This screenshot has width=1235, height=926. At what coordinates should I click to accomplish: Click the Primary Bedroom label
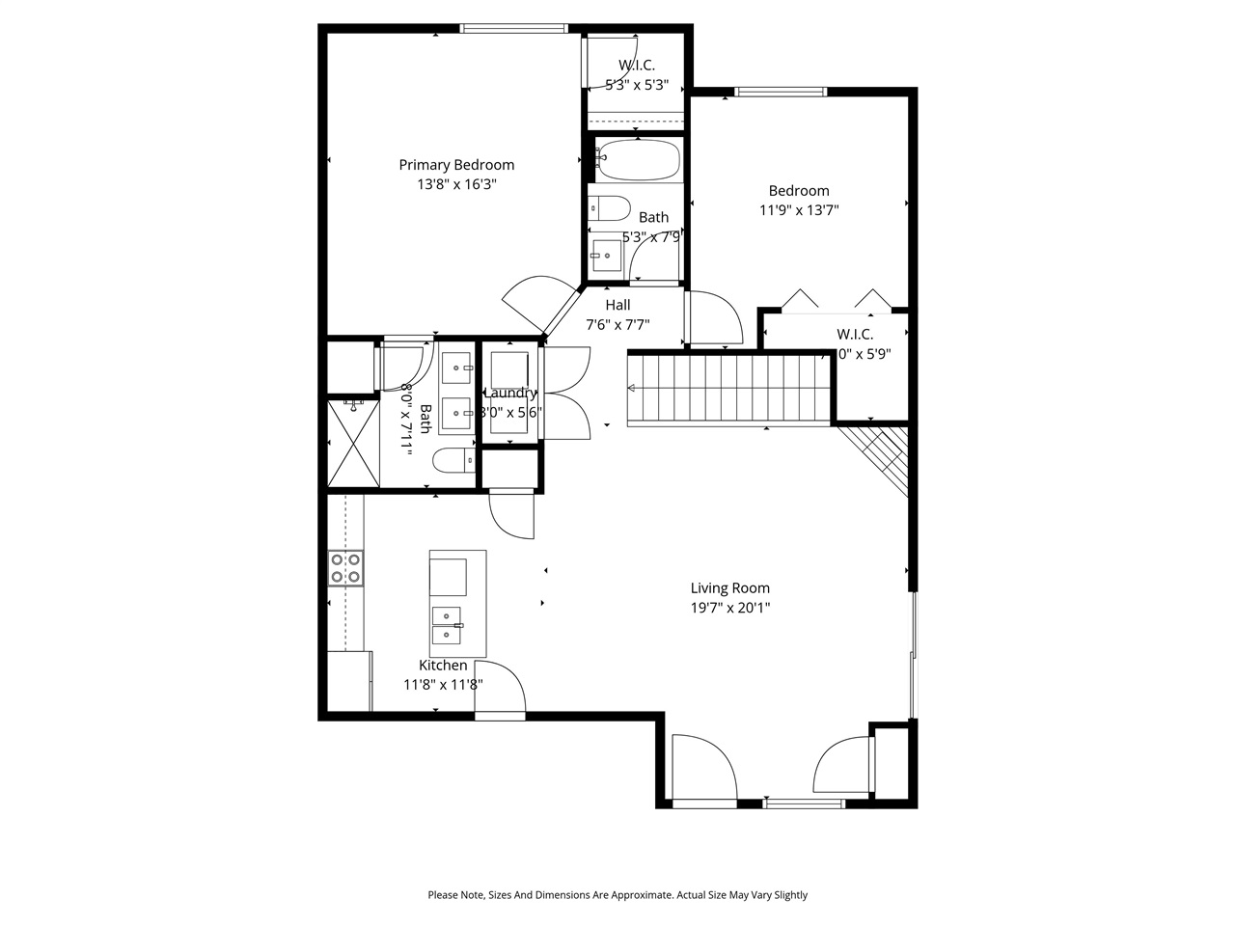[x=456, y=165]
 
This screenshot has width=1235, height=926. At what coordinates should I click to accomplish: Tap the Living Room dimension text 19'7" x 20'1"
[x=729, y=608]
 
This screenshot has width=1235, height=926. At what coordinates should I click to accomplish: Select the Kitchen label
[x=443, y=666]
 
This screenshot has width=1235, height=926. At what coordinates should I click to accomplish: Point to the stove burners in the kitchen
[x=345, y=567]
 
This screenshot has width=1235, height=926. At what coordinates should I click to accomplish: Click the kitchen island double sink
[x=447, y=623]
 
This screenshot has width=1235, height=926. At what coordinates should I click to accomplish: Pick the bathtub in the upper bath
[x=637, y=159]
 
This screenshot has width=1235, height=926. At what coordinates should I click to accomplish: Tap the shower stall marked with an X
[x=353, y=443]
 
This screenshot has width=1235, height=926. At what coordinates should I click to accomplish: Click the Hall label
[x=617, y=305]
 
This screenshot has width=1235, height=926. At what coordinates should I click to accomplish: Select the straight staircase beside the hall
[x=728, y=389]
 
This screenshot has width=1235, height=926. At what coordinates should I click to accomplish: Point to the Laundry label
[x=510, y=393]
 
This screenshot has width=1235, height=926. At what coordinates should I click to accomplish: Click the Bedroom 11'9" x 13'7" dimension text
[x=799, y=210]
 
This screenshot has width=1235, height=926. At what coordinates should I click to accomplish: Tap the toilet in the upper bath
[x=607, y=207]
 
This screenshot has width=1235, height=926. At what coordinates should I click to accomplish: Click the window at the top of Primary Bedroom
[x=512, y=28]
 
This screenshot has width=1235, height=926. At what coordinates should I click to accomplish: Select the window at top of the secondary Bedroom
[x=781, y=92]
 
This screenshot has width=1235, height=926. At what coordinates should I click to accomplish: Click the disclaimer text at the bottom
[x=617, y=895]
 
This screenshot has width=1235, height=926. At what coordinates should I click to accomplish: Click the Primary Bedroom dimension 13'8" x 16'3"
[x=456, y=184]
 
